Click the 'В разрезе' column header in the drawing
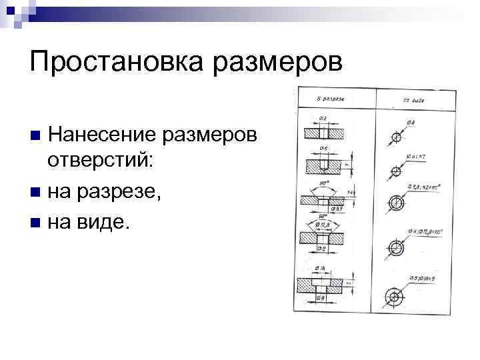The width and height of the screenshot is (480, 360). (x=331, y=99)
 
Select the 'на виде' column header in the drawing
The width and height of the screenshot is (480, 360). (x=413, y=100)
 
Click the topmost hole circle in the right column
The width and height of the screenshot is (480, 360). (x=397, y=137)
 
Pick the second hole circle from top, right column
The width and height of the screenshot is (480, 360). (x=396, y=171)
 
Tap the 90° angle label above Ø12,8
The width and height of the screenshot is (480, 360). (x=325, y=215)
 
